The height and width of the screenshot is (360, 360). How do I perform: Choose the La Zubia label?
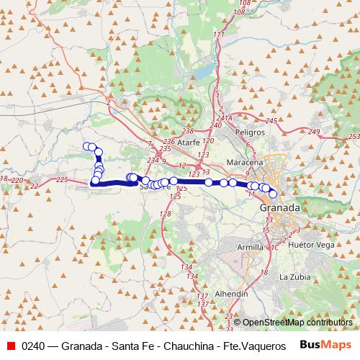click(x=294, y=276)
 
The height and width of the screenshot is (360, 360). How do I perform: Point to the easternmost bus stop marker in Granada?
click(x=272, y=193)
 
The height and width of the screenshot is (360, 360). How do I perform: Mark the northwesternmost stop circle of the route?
click(x=87, y=147)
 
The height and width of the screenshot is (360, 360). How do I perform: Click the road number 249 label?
click(x=313, y=131)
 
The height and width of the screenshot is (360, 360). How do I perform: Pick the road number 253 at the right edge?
click(x=353, y=136)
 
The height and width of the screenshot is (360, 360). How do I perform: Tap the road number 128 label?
click(x=165, y=214)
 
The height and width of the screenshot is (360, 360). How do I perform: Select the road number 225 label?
click(x=61, y=179)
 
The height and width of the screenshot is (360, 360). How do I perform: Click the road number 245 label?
click(x=271, y=120)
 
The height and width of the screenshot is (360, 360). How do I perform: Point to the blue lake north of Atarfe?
click(x=203, y=72)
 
